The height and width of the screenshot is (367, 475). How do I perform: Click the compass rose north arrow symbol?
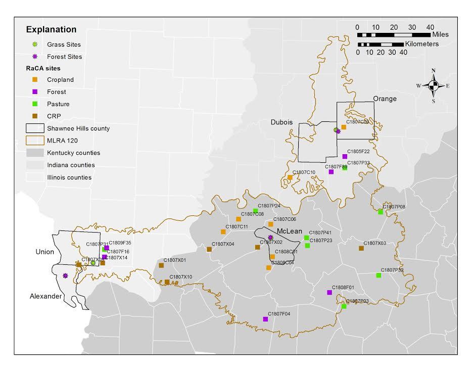434,85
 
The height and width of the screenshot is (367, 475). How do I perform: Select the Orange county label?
385,98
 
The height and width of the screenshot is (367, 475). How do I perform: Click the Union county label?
44,252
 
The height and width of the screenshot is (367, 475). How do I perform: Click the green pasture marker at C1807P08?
381,212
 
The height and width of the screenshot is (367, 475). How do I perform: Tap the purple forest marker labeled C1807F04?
265,319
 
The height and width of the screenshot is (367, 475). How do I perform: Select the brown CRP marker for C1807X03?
361,248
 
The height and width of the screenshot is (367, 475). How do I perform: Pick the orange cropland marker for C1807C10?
290,177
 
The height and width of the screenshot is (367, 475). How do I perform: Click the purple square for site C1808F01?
329,292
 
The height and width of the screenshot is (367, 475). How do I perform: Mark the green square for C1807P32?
378,275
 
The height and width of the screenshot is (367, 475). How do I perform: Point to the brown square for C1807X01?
161,265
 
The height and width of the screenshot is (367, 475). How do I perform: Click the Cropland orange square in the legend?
35,80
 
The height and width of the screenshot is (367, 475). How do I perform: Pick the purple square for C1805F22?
345,157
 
